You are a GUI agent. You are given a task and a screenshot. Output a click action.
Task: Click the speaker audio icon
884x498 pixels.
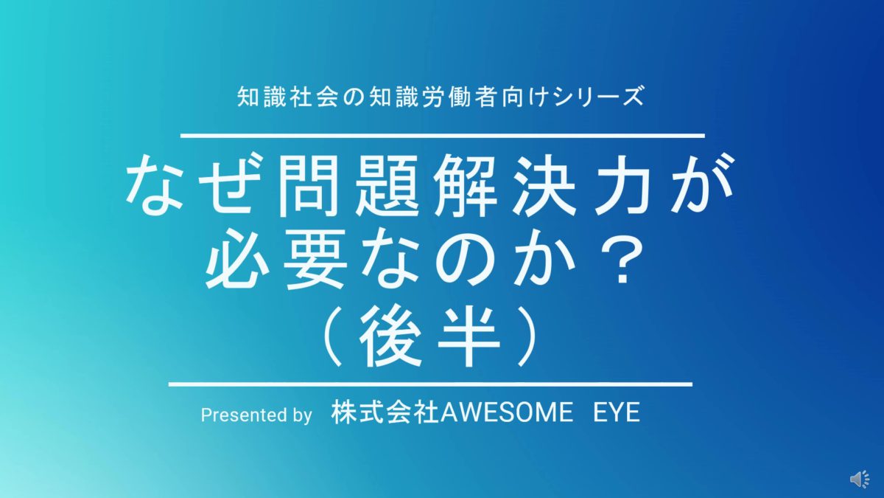(860, 479)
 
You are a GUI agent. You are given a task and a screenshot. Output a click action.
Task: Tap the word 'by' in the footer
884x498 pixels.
(302, 416)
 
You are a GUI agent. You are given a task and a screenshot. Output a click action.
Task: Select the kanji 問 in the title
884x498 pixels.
(312, 186)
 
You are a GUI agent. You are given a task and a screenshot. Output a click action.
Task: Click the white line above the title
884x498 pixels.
(443, 136)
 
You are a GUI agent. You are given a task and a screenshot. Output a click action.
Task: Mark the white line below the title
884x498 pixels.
(430, 384)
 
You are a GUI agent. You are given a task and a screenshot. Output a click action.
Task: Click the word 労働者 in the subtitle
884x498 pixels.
(466, 97)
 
